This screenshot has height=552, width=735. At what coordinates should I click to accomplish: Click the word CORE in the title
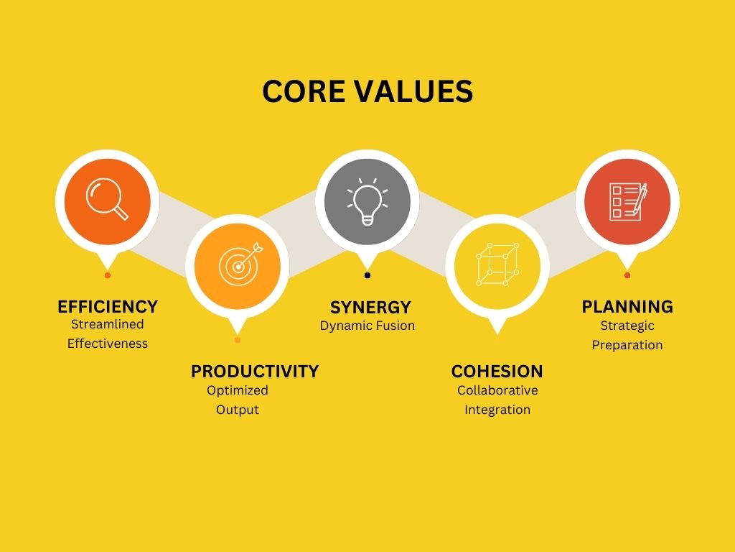pos(304,91)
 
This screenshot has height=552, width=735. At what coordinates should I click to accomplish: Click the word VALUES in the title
pos(413,91)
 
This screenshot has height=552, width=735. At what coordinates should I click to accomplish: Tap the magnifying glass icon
pos(107,199)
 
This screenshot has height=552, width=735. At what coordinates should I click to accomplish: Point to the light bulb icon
pos(367,201)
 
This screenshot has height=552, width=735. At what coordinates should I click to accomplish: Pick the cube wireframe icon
pos(497,264)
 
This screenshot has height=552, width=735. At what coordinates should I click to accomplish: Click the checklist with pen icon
pos(628,201)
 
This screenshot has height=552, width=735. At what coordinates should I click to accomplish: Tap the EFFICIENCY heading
pos(108,306)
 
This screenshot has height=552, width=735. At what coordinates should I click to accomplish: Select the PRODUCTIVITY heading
pos(255,372)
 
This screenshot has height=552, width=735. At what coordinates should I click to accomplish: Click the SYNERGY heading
pos(370,308)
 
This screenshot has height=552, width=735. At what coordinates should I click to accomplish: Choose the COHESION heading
pos(497,372)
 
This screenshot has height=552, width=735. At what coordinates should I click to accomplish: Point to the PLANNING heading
pos(627,306)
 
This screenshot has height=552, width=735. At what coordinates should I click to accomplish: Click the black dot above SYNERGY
pos(367,275)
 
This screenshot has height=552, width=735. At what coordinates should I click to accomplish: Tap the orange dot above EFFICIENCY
pos(108,275)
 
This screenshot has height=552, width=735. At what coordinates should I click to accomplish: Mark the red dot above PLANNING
pos(627,275)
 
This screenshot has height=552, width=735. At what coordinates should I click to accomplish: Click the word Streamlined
pos(108,324)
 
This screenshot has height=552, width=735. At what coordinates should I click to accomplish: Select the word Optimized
pos(237,390)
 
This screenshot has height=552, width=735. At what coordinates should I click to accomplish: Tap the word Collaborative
pos(497,390)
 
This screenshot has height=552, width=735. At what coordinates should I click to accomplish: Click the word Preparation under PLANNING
pos(627,345)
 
